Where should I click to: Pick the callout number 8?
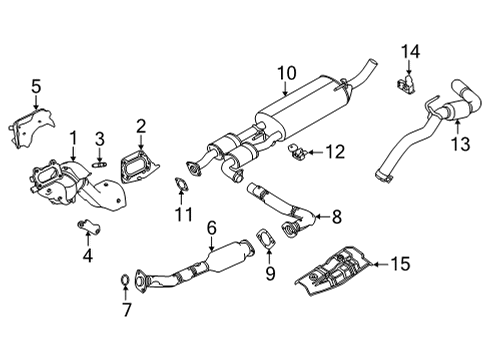[x=336, y=214]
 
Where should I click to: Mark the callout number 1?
[x=72, y=136]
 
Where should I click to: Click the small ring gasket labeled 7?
[x=123, y=278]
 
